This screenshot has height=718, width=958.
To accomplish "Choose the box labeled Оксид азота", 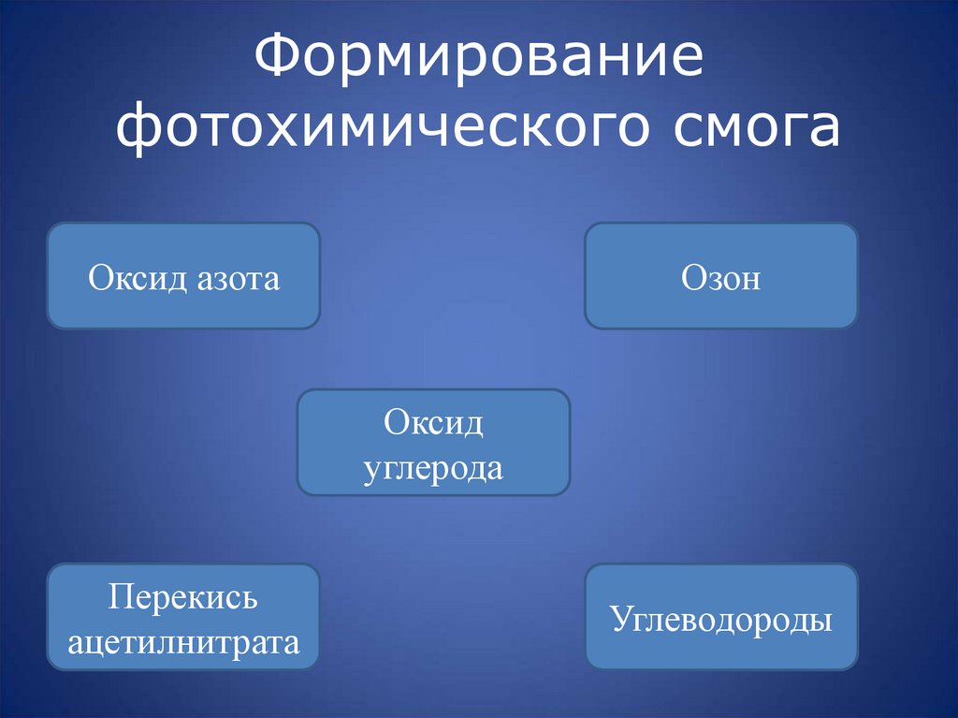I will (x=183, y=276).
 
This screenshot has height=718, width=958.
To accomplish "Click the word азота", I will (x=239, y=278).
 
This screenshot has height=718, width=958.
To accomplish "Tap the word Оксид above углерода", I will (x=433, y=423).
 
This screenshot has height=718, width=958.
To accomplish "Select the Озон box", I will (x=720, y=276).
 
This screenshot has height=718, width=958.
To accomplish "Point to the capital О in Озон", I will (x=692, y=278).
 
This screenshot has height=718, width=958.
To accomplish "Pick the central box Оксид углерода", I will (x=433, y=443).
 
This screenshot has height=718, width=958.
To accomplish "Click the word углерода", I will (x=433, y=467).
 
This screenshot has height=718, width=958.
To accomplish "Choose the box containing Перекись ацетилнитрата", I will (x=183, y=617).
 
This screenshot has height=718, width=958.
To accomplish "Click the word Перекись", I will (x=183, y=597).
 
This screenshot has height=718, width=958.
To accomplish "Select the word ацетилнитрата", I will (x=183, y=642).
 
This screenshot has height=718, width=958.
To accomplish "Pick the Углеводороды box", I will (x=720, y=617).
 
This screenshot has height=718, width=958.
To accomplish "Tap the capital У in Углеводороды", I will (x=620, y=620).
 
